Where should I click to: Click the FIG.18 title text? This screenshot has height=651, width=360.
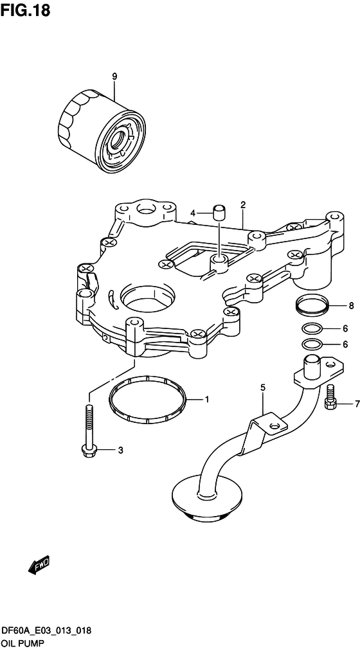point(25,10)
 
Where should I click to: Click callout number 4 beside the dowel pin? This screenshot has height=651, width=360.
point(193,213)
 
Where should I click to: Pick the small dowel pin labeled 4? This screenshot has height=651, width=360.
point(219,212)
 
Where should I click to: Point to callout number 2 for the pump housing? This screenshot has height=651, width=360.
point(243,204)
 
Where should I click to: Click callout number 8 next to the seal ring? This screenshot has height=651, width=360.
point(351,307)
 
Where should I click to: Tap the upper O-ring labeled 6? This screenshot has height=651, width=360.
point(311,329)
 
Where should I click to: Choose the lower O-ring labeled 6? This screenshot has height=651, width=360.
point(311,344)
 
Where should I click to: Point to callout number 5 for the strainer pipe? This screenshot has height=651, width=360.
point(262,388)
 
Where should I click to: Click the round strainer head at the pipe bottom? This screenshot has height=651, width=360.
point(206,496)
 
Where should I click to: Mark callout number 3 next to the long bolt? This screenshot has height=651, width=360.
point(120,450)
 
